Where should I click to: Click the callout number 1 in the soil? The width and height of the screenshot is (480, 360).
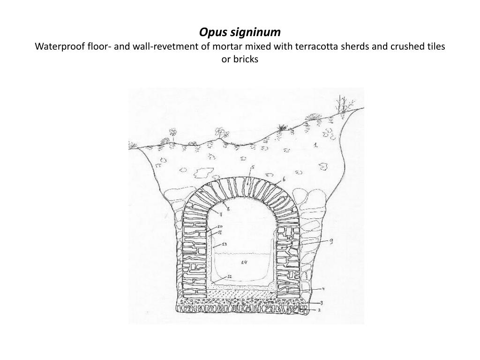[316, 146]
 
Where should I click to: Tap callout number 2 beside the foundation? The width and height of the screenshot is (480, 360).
[320, 310]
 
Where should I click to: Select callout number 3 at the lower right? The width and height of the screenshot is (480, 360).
[322, 303]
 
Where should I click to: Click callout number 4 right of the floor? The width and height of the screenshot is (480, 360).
[323, 289]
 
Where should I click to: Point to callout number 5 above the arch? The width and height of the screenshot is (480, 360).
[252, 166]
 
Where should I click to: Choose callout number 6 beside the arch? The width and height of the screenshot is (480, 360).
[284, 180]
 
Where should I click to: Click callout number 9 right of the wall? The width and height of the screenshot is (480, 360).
[331, 241]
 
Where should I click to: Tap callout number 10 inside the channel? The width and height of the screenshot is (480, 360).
[219, 226]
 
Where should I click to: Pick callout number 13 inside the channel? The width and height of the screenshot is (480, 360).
[225, 244]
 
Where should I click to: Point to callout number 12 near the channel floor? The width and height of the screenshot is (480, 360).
[229, 277]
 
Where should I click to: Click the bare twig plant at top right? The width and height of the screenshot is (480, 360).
[344, 104]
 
